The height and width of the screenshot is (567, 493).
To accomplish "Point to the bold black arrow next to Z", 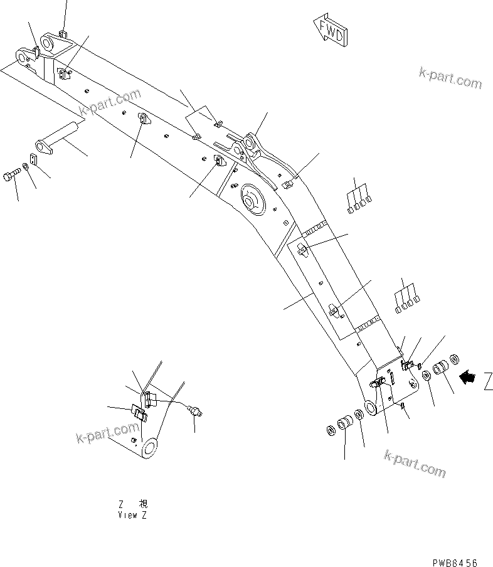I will [468, 377].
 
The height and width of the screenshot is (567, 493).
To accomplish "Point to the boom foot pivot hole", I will [369, 407].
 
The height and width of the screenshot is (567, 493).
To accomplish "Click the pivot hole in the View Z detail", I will [151, 448].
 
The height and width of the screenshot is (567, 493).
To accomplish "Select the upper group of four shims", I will [358, 199].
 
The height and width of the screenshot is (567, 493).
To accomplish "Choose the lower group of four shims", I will [407, 300].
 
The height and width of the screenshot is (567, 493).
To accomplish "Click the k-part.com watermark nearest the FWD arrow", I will [450, 78].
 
